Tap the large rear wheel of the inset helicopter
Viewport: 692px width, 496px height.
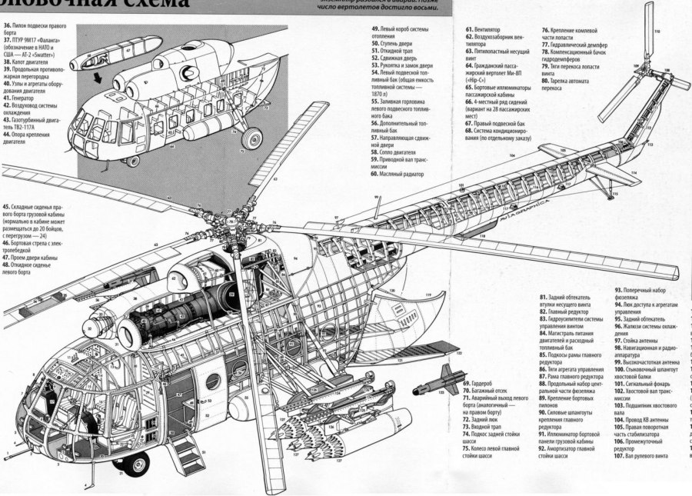click(x=251, y=139)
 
